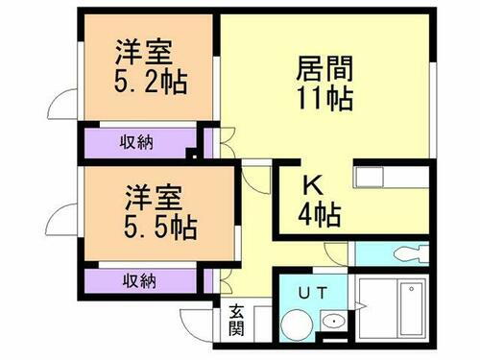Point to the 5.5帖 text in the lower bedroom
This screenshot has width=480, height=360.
pyautogui.click(x=159, y=228)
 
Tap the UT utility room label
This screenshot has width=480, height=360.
pyautogui.click(x=307, y=292)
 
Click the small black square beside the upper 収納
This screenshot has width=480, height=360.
pyautogui.click(x=192, y=153)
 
